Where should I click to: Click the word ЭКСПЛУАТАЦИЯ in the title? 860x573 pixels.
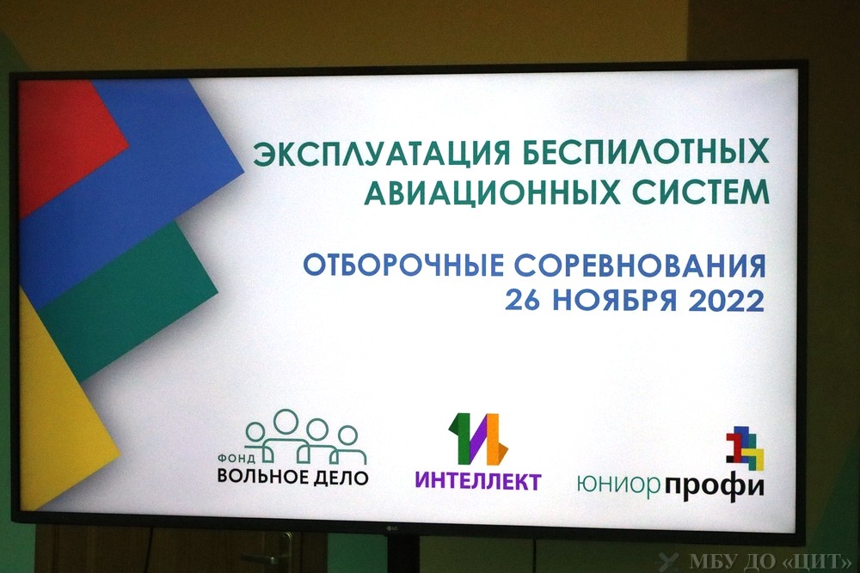pos(382,154)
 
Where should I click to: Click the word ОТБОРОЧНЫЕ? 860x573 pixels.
pos(403,265)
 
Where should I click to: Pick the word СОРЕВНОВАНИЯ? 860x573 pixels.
pos(640,265)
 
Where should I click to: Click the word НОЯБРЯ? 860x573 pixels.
pos(615,300)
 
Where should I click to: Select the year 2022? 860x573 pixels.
pos(726,300)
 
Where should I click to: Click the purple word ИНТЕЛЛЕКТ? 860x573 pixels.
pos(477,481)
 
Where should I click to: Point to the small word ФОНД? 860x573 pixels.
pos(236,458)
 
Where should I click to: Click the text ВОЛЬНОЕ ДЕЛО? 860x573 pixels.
pos(293,477)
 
